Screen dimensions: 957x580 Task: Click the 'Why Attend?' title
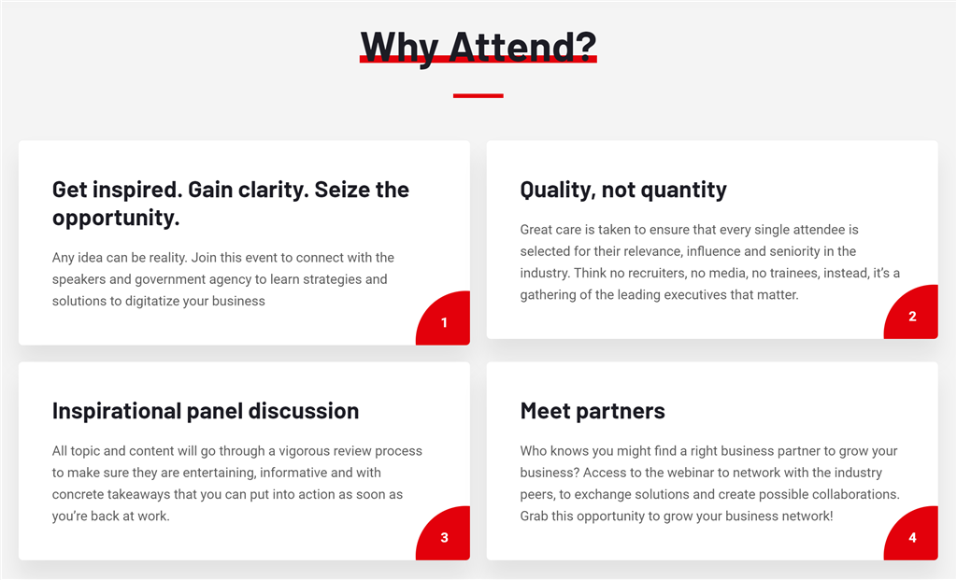pos(478,47)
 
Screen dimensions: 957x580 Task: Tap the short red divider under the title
pos(478,96)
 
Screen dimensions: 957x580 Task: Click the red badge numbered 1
pos(444,319)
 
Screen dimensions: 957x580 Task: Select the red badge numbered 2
pos(912,313)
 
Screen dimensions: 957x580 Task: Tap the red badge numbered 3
pos(444,534)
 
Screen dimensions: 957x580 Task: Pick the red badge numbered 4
pos(912,534)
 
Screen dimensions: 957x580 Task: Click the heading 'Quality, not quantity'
pos(623,191)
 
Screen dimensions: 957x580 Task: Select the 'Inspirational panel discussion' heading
pos(206,411)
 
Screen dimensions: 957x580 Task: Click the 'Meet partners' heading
pos(593,411)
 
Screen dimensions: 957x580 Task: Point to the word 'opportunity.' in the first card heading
pos(116,219)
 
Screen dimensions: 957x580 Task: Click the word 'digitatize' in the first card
pos(151,302)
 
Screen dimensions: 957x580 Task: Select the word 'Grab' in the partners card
pos(534,516)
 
